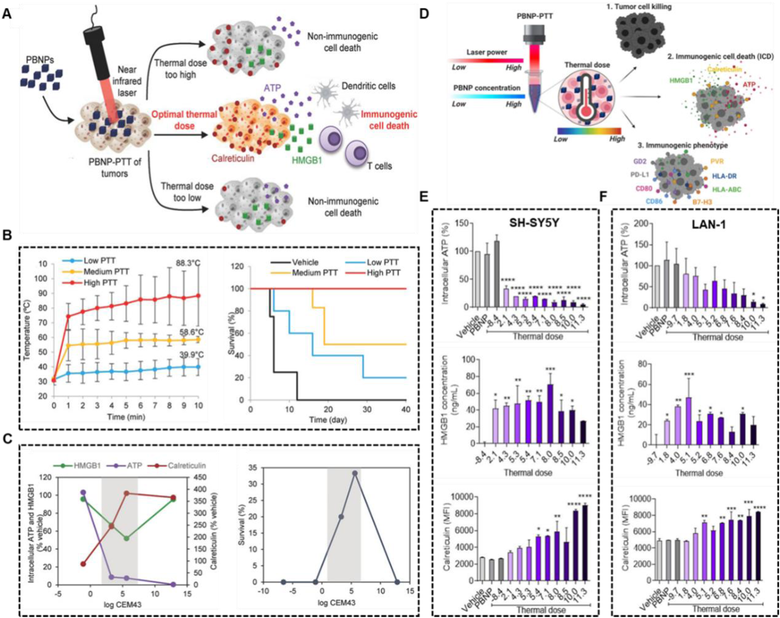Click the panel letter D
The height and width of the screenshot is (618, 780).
[x=424, y=14]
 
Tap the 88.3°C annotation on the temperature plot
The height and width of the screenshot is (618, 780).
[x=186, y=263]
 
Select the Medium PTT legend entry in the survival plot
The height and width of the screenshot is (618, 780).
[x=315, y=273]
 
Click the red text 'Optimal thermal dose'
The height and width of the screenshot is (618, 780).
[x=184, y=120]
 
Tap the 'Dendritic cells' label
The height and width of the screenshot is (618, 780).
[x=368, y=86]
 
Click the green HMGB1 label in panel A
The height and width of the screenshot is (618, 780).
[x=307, y=161]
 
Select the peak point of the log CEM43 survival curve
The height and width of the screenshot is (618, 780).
[x=355, y=473]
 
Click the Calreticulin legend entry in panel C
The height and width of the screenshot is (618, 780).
[x=186, y=465]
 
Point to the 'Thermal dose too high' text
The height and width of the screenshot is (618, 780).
[x=180, y=69]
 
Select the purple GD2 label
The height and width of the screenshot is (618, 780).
[x=640, y=162]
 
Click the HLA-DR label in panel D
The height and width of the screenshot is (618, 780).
[x=724, y=176]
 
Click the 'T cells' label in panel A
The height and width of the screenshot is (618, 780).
[x=379, y=166]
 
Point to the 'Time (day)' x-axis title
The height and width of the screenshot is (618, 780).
[x=328, y=419]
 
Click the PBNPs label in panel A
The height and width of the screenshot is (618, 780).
[x=40, y=59]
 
